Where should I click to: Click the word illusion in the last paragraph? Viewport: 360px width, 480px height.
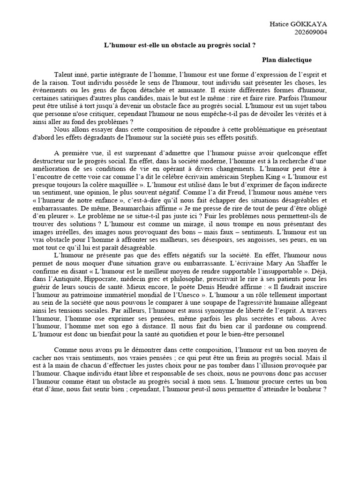tap(295, 372)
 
